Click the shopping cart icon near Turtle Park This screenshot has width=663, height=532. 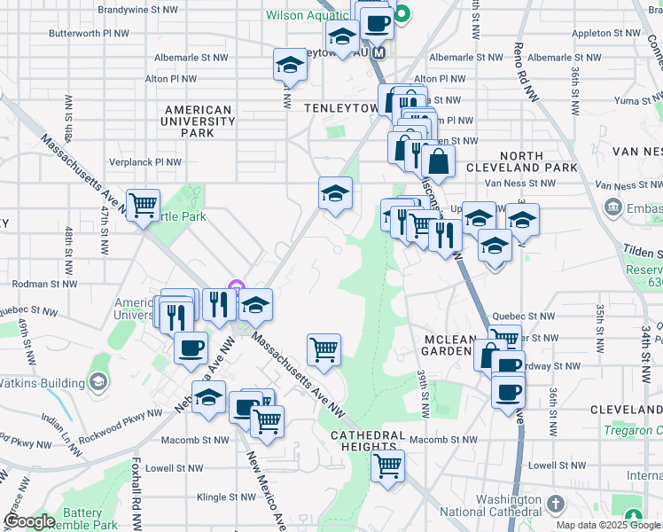point(143,207)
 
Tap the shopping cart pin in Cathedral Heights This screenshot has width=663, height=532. point(387,465)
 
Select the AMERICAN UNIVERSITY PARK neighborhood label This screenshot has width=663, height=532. point(198,121)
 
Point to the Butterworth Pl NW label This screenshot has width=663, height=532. point(89,33)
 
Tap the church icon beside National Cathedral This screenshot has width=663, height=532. point(555,505)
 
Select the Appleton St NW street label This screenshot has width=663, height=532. point(606,33)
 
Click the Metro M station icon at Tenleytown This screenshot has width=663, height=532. point(379,52)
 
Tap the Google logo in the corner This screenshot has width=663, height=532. point(28,521)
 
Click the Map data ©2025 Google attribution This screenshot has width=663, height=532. point(609,525)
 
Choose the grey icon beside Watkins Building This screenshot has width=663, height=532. point(98,383)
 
